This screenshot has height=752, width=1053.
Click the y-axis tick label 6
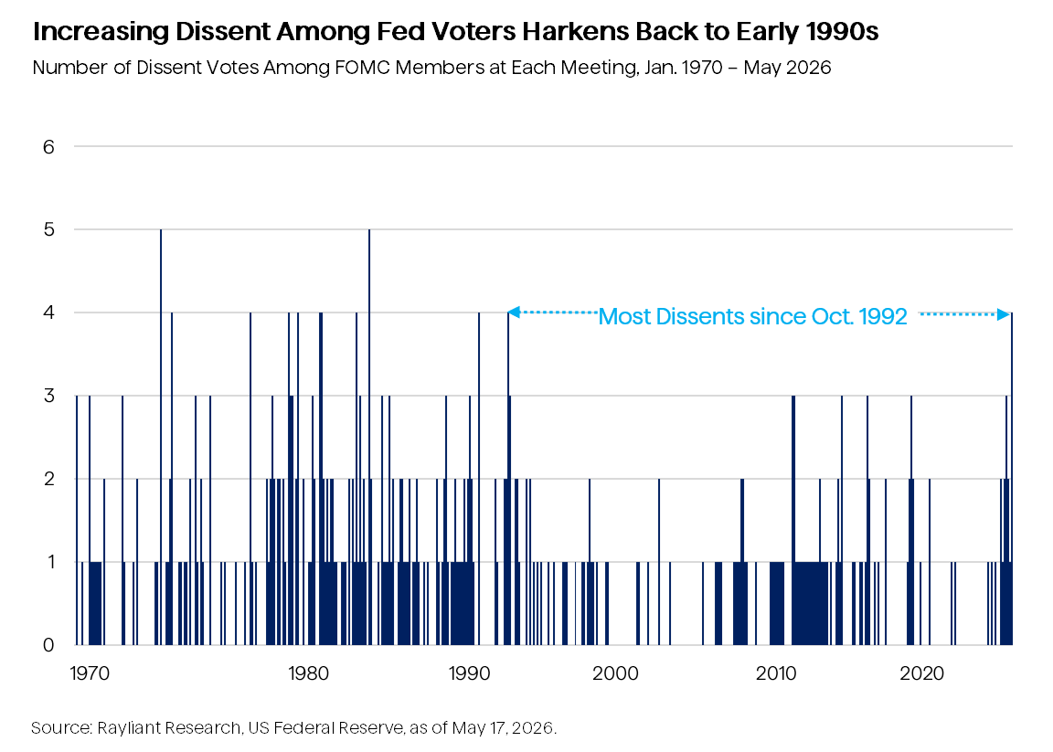48,147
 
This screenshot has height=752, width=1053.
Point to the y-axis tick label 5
48,229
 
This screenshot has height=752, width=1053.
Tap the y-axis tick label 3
48,396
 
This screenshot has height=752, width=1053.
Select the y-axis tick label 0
48,645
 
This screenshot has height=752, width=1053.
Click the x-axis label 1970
90,673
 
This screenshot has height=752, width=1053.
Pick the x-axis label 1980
308,673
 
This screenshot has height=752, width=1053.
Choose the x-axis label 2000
615,673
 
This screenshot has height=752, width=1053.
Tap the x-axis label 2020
921,673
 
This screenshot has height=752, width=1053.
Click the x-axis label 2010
776,673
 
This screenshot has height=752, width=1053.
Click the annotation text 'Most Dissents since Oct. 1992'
753,316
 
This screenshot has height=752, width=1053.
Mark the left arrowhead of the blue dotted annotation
513,312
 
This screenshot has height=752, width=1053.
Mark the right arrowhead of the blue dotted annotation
1004,313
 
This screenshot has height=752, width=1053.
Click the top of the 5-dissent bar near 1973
161,229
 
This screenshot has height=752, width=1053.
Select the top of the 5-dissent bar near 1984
369,229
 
